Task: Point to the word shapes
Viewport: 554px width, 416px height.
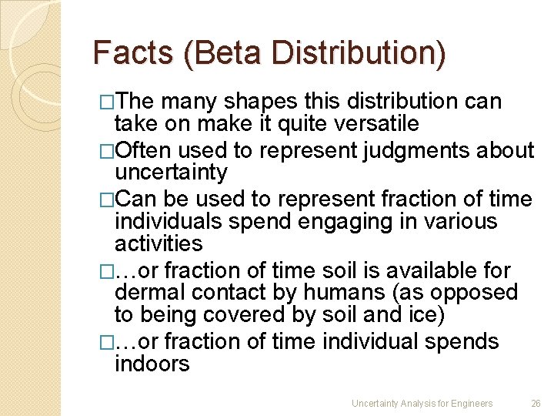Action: (259, 101)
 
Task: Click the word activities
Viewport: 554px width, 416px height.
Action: (159, 243)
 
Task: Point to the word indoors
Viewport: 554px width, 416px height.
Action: (152, 363)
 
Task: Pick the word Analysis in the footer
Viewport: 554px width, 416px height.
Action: (412, 404)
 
